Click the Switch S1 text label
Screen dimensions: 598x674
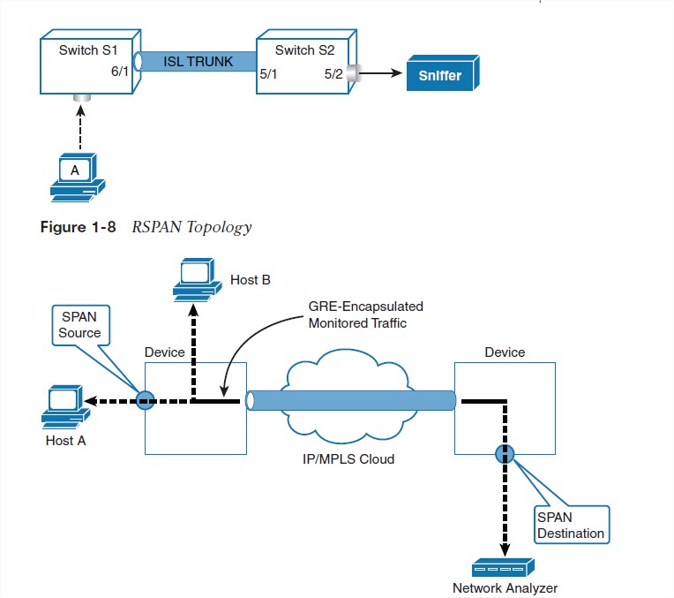(x=86, y=49)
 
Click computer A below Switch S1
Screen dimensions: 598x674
(x=76, y=176)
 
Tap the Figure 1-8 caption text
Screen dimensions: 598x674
(x=146, y=227)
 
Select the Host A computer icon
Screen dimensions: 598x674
(x=64, y=405)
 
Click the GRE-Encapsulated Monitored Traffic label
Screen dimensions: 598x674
(x=365, y=314)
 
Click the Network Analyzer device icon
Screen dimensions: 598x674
(x=504, y=567)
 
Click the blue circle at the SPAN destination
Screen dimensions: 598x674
(x=505, y=454)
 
